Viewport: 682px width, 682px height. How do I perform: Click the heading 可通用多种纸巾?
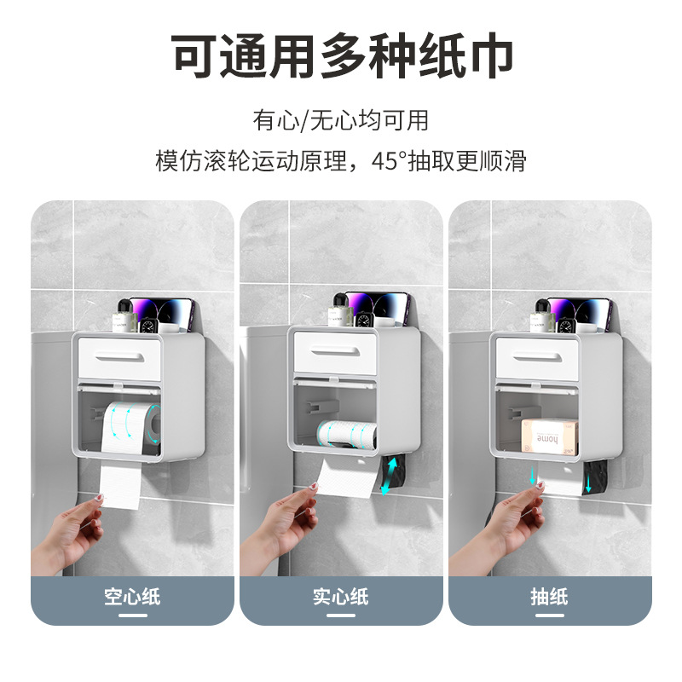click(x=342, y=55)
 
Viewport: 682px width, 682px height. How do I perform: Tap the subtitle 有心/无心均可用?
click(x=341, y=120)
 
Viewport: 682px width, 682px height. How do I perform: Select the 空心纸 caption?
click(x=132, y=596)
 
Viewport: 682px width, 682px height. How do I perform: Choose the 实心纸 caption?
click(x=341, y=596)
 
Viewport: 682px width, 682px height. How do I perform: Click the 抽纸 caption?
click(x=549, y=596)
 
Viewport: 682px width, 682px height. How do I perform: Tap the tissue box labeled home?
click(x=550, y=436)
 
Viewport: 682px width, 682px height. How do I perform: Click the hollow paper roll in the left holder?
click(x=131, y=426)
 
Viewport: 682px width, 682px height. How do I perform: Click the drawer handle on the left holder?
click(x=119, y=357)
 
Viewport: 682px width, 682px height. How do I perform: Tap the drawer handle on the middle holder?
click(x=334, y=351)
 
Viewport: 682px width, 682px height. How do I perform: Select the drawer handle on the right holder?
click(x=537, y=357)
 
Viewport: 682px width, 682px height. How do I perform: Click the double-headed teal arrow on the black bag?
click(x=389, y=476)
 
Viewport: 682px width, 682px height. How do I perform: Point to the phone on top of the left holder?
click(x=163, y=315)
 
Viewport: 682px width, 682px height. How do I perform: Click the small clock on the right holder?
click(x=567, y=327)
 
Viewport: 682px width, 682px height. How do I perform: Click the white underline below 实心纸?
click(x=341, y=616)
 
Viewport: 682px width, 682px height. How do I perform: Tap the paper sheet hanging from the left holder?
click(x=120, y=486)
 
